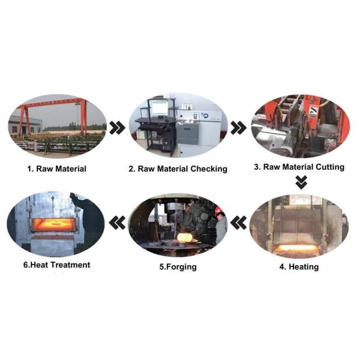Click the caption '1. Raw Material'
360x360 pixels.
(x=57, y=169)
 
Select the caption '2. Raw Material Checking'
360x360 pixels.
(x=178, y=169)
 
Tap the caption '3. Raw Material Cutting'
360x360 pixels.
(x=299, y=167)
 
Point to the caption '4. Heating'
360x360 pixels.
(x=299, y=267)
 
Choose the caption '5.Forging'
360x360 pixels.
(x=178, y=267)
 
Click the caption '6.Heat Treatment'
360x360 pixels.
(x=57, y=265)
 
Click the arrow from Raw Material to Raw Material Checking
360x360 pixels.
(x=118, y=128)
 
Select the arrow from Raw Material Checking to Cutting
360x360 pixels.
(x=239, y=128)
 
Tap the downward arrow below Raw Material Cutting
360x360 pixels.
(x=301, y=182)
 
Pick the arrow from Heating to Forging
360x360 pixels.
(x=239, y=223)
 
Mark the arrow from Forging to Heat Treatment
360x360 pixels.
(x=118, y=223)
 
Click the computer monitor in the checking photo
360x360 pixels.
(x=160, y=109)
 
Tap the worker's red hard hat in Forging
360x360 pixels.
(x=219, y=210)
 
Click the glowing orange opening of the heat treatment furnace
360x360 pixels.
(x=53, y=224)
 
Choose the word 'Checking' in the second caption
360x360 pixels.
(x=209, y=169)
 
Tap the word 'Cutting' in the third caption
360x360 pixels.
(x=330, y=167)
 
